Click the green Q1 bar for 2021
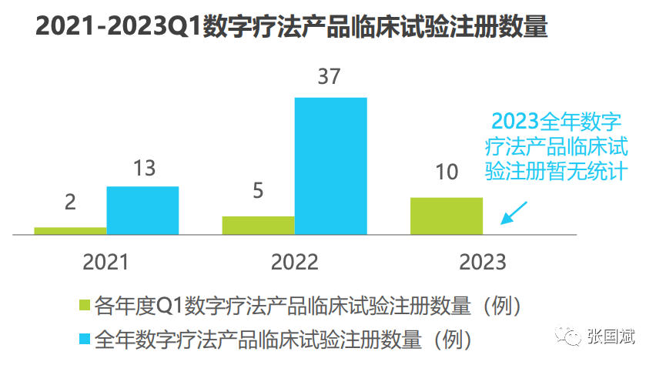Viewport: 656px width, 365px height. [71, 230]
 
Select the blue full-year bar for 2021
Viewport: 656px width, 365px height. [142, 210]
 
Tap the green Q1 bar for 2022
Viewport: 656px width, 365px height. [258, 225]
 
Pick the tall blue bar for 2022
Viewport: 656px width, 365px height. [330, 165]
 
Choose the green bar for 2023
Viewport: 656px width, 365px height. [447, 216]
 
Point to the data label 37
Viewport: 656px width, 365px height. [328, 77]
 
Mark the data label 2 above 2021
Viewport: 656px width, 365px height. [70, 202]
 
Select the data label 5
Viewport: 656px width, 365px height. [258, 189]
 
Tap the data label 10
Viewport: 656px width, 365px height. [447, 172]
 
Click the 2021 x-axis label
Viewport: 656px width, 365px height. [106, 262]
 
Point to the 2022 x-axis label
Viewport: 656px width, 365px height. [294, 262]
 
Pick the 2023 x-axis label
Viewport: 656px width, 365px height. [483, 262]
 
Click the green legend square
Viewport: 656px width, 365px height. [85, 306]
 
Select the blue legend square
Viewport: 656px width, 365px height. [85, 339]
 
